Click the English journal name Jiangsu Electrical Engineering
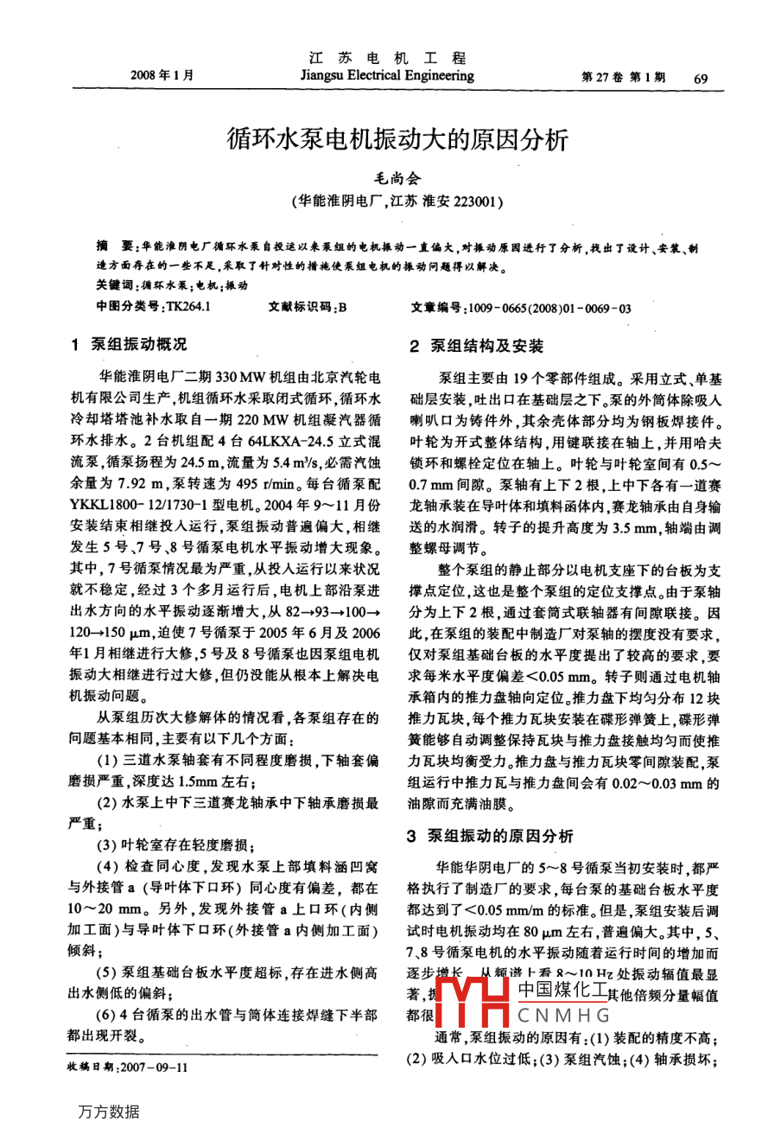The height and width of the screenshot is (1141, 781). click(x=387, y=76)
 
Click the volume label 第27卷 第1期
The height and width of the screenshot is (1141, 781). click(x=624, y=78)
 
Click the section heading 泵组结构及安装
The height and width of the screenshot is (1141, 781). click(x=487, y=346)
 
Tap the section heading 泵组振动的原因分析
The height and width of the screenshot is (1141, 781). click(x=501, y=836)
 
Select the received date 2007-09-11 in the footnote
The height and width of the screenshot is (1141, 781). click(x=155, y=1067)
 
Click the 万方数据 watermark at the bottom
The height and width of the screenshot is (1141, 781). click(x=108, y=1111)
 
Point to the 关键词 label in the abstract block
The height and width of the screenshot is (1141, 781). click(x=115, y=285)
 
